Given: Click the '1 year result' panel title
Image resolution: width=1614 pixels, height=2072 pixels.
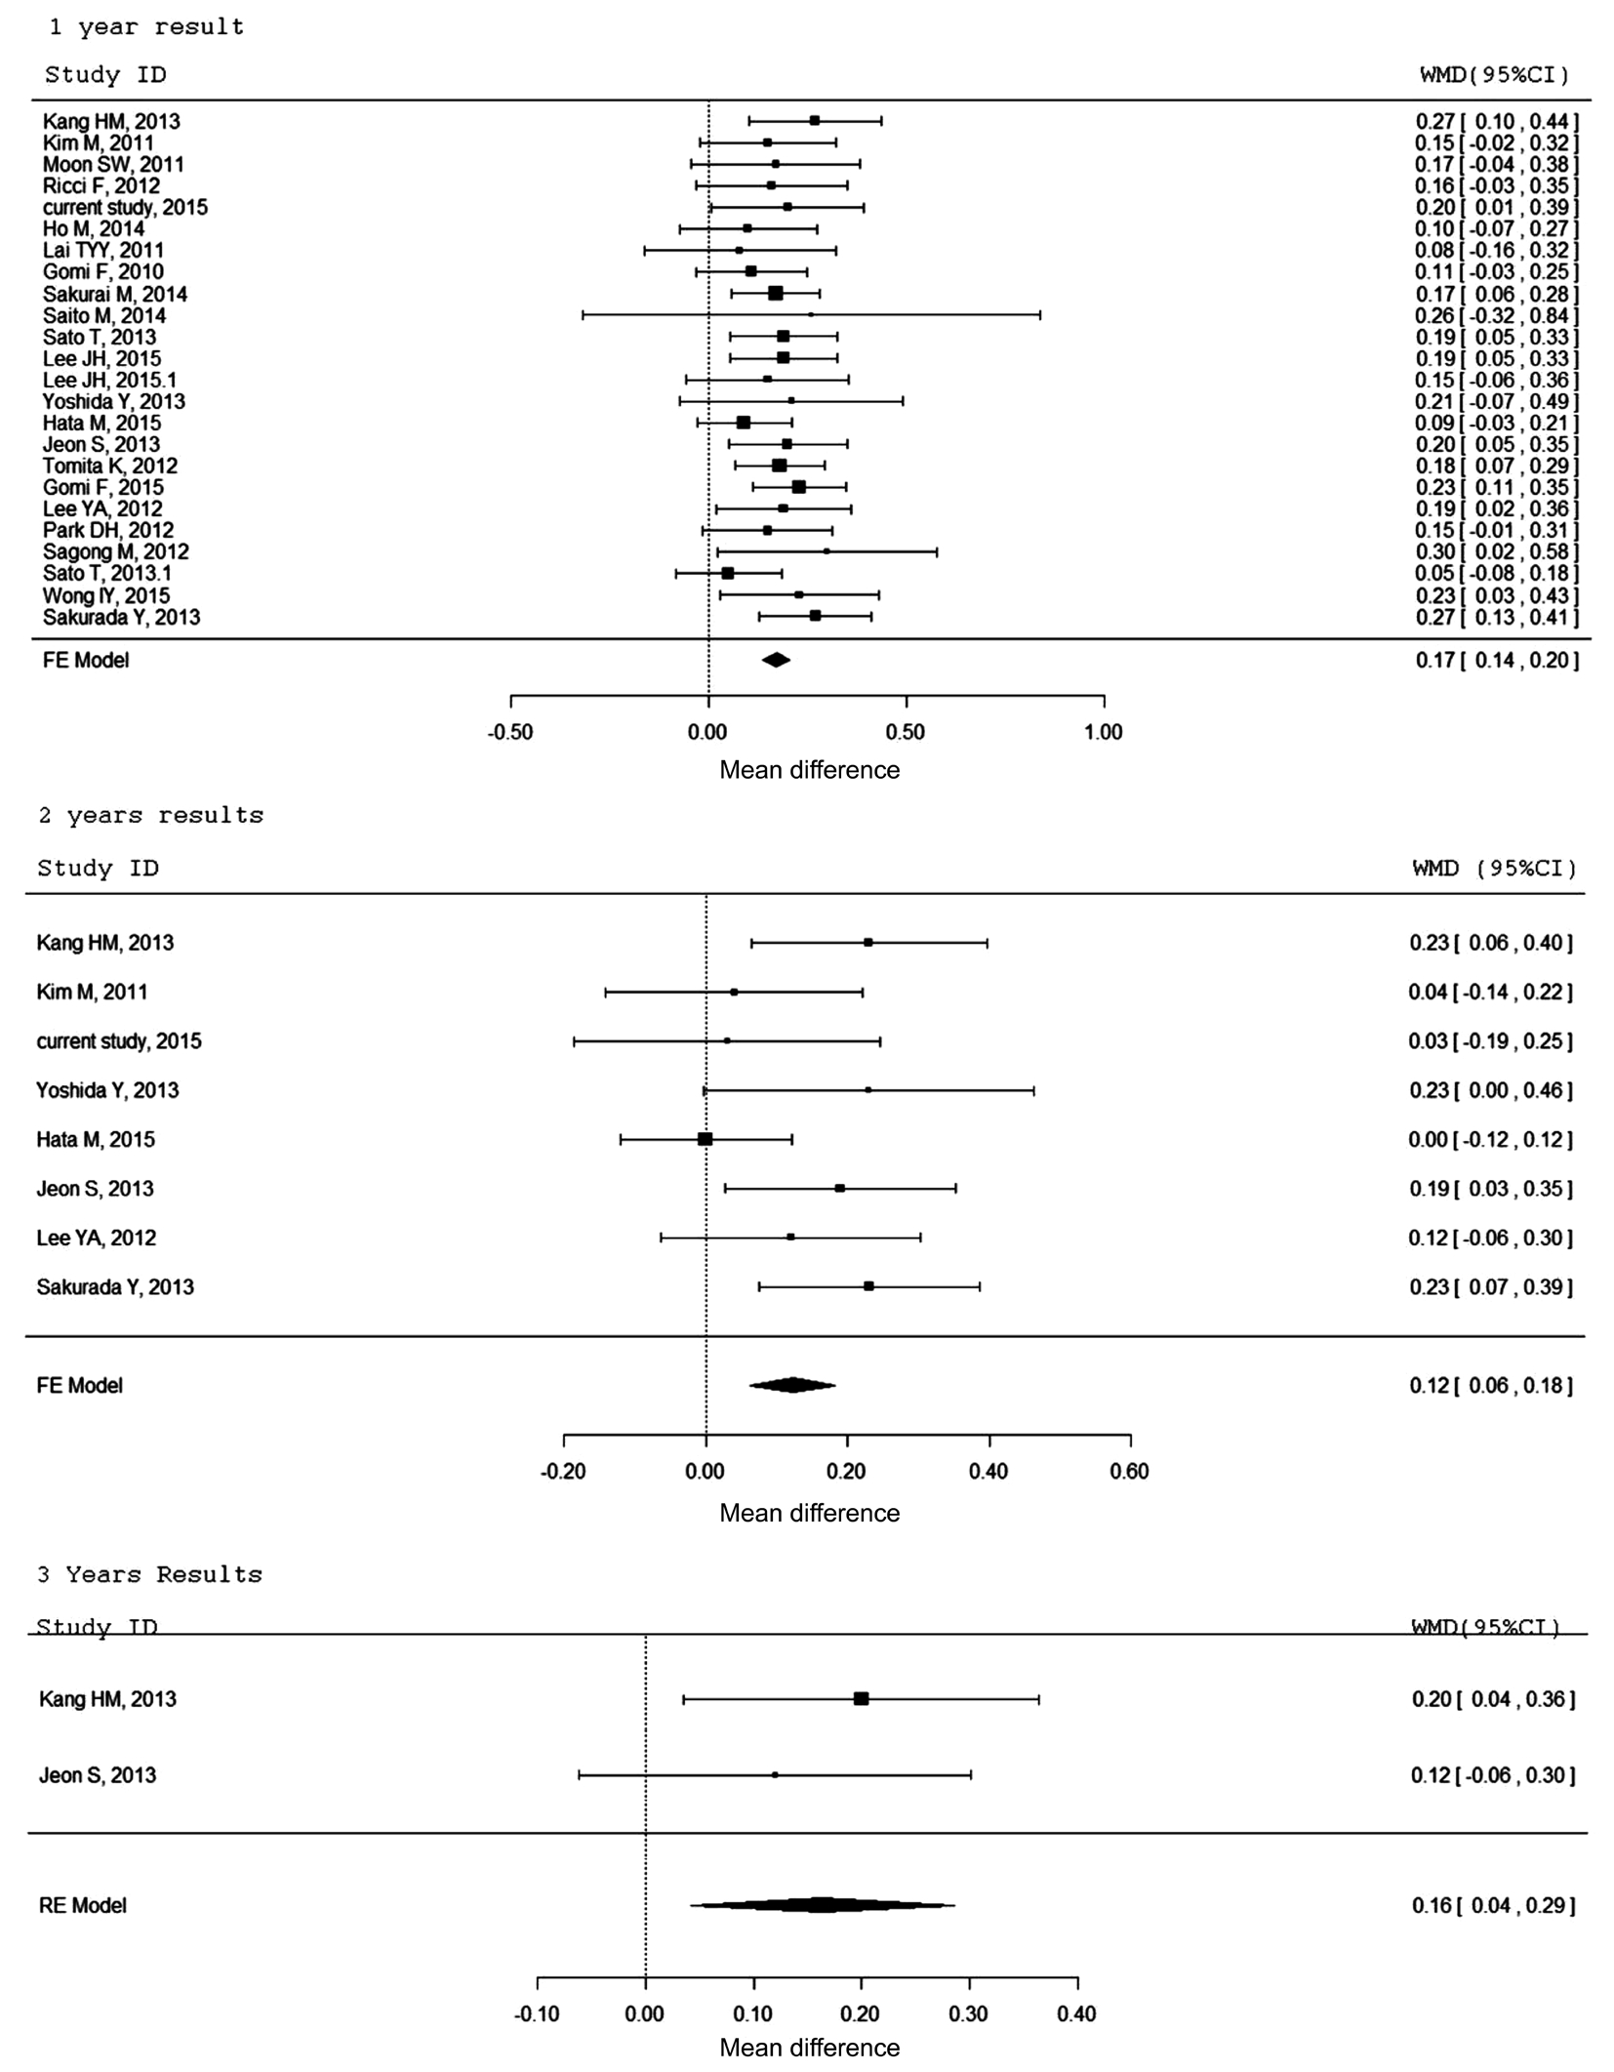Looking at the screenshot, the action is pyautogui.click(x=146, y=27).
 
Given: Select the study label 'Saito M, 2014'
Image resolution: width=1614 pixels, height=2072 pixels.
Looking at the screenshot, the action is pyautogui.click(x=104, y=315).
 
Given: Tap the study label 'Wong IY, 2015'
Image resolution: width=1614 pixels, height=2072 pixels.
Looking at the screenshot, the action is pyautogui.click(x=106, y=595).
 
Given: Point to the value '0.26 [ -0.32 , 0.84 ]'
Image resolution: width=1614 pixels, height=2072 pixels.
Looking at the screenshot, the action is pyautogui.click(x=1496, y=315).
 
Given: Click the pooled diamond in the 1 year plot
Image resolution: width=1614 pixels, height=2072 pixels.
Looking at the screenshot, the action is pyautogui.click(x=776, y=660).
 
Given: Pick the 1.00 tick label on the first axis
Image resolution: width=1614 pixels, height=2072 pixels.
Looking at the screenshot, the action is pyautogui.click(x=1104, y=732).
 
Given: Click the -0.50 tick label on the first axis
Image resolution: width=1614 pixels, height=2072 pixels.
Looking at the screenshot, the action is pyautogui.click(x=510, y=732).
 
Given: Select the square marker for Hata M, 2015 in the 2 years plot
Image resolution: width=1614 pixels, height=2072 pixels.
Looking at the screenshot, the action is pyautogui.click(x=706, y=1139).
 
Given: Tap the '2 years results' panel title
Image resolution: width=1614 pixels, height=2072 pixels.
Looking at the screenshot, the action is pyautogui.click(x=151, y=816).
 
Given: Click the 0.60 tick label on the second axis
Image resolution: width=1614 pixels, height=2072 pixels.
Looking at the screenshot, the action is pyautogui.click(x=1130, y=1471).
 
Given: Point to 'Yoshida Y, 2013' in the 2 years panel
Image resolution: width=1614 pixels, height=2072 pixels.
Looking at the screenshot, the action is pyautogui.click(x=107, y=1090).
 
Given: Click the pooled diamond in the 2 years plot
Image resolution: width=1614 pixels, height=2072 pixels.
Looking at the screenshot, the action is pyautogui.click(x=792, y=1384).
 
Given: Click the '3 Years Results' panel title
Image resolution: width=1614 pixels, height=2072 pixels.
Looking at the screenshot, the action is pyautogui.click(x=150, y=1575).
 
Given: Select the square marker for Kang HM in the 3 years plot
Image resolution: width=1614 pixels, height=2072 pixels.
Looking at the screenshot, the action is pyautogui.click(x=861, y=1698).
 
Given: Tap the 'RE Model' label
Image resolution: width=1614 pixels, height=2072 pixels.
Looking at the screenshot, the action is pyautogui.click(x=83, y=1905).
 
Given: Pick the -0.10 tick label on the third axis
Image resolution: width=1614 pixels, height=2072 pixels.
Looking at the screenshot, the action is pyautogui.click(x=537, y=2013).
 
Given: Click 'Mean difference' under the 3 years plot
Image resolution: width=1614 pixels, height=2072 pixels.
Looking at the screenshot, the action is pyautogui.click(x=810, y=2048).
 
